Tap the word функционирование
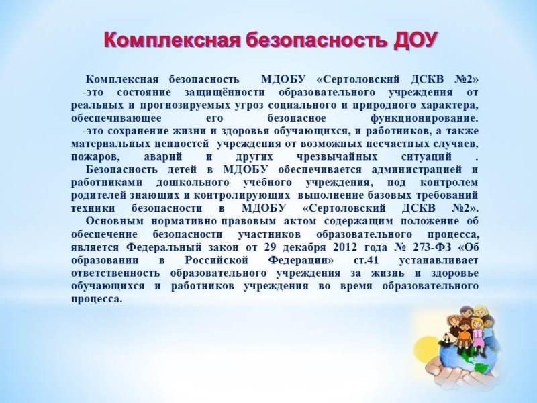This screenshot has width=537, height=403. tap(424, 119)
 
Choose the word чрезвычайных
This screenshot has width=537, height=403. tap(337, 157)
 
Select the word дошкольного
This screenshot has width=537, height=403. tap(193, 183)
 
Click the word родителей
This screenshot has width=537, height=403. tap(99, 196)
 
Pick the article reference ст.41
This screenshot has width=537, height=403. tap(366, 261)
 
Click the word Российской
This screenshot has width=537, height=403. tap(216, 261)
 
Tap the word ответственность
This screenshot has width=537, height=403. tap(115, 273)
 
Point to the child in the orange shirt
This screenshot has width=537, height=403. tap(463, 332)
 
